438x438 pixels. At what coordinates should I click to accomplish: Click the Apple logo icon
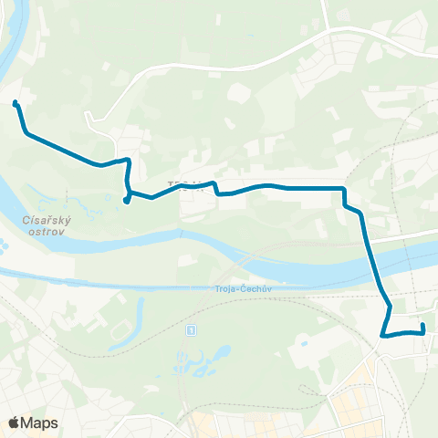(x=13, y=422)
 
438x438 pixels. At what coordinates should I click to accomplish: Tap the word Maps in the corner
(x=39, y=422)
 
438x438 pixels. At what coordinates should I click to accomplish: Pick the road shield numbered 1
(x=191, y=329)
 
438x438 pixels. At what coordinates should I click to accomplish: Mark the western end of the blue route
(x=15, y=104)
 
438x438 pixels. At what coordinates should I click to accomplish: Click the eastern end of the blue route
(x=423, y=325)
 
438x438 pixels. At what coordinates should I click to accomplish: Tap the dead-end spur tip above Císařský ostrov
(x=125, y=202)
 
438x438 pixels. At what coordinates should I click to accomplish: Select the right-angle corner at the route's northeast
(x=343, y=188)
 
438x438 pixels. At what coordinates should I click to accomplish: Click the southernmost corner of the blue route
(x=382, y=336)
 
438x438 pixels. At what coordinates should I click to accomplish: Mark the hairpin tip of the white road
(x=87, y=116)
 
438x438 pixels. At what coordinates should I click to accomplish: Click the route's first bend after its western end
(x=27, y=134)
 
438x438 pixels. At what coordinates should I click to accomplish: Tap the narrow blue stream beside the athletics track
(x=139, y=315)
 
